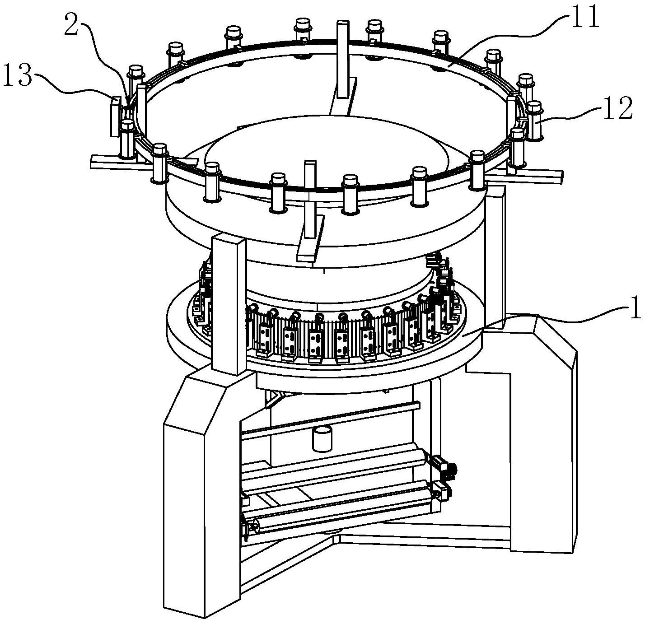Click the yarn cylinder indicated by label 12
click(x=534, y=121)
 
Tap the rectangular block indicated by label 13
click(x=115, y=116)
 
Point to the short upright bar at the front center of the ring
click(x=310, y=199)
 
